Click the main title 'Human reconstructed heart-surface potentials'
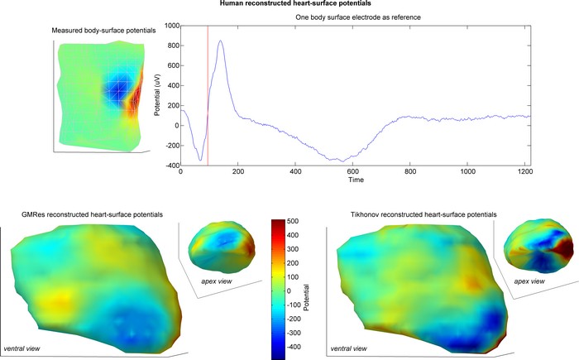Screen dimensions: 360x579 (289, 4)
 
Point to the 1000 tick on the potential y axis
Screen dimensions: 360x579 (170, 26)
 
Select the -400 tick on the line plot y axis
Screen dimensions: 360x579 (170, 166)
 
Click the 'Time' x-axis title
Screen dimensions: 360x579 (356, 180)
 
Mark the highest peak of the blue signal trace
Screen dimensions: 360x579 (221, 41)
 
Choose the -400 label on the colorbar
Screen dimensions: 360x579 (295, 346)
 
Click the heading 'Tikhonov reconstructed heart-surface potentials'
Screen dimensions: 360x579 (424, 215)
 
